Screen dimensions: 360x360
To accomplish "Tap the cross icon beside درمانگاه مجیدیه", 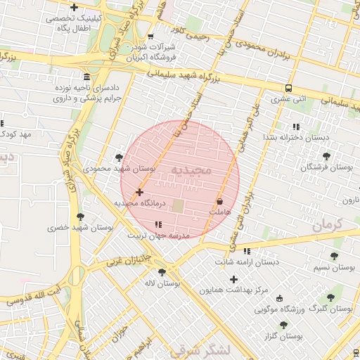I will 139,192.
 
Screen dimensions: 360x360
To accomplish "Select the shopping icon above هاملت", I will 220,201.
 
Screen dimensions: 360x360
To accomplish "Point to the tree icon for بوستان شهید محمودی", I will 118,157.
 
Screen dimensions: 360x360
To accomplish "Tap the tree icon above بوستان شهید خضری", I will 80,216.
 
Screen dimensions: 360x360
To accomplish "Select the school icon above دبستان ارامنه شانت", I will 246,251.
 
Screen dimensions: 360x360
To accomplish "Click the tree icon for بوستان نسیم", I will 334,256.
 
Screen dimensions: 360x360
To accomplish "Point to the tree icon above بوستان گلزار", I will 283,325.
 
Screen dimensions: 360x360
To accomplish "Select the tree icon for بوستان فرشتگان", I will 326,156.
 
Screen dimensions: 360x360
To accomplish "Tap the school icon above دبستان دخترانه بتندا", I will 295,127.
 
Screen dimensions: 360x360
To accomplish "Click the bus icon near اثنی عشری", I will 289,89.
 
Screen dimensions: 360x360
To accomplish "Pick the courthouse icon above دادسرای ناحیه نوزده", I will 86,76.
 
